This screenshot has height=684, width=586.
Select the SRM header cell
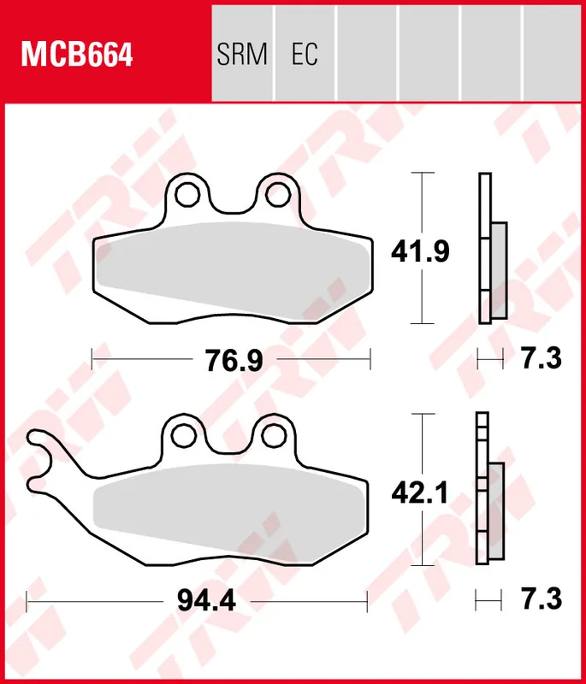pyautogui.click(x=242, y=55)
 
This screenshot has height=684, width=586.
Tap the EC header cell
pyautogui.click(x=305, y=55)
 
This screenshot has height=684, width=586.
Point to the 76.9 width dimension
pyautogui.click(x=233, y=361)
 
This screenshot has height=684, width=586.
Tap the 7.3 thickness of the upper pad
pyautogui.click(x=541, y=360)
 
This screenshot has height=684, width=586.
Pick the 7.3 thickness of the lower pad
pyautogui.click(x=541, y=600)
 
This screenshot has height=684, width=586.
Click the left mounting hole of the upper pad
pyautogui.click(x=184, y=196)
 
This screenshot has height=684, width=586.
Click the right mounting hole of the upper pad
pyautogui.click(x=275, y=196)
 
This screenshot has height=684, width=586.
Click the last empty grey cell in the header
pyautogui.click(x=553, y=50)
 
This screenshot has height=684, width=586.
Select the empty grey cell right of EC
pyautogui.click(x=367, y=50)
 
